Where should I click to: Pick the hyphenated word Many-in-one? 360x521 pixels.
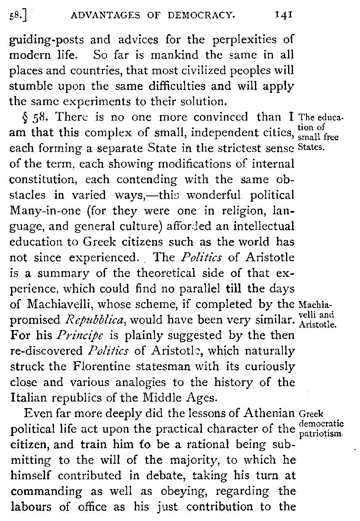coord(42,211)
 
